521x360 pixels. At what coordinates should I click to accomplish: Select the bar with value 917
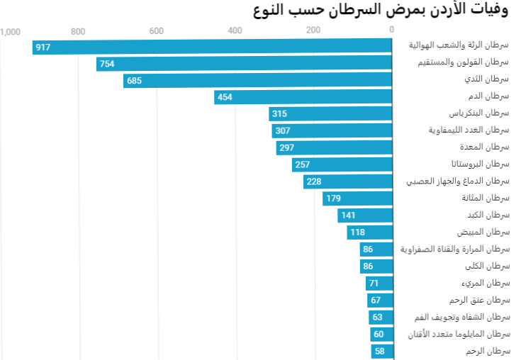[213, 47]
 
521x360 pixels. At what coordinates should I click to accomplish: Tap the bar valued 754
[245, 64]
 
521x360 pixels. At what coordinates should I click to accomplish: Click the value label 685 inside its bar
[134, 81]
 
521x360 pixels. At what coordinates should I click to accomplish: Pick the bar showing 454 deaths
[303, 98]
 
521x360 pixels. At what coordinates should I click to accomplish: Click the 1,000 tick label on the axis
[10, 30]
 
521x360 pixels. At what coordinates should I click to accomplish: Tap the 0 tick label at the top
[391, 30]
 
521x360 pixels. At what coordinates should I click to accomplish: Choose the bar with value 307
[332, 131]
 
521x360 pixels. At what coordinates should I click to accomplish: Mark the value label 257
[303, 164]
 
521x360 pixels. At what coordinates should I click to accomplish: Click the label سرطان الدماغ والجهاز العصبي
[457, 181]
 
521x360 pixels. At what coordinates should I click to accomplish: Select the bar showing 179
[357, 198]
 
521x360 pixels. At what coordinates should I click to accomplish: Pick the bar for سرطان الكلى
[376, 266]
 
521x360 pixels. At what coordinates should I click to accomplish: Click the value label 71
[374, 283]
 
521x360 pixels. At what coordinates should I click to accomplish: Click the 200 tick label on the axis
[313, 30]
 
